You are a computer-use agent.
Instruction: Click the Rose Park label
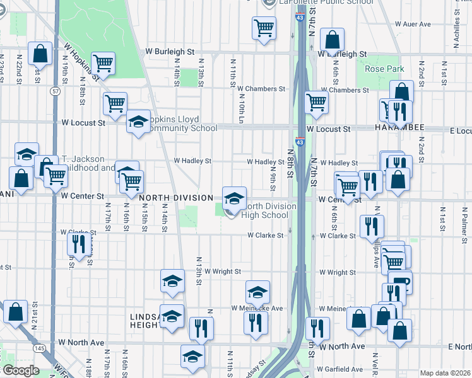coord(379,69)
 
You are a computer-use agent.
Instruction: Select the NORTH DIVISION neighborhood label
coord(176,198)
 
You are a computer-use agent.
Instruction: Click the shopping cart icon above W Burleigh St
coord(264,28)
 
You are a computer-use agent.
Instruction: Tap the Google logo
coord(20,370)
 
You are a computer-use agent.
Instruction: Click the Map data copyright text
coord(445,373)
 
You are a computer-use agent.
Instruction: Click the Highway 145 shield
coord(39,348)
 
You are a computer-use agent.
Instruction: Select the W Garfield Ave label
coord(341,369)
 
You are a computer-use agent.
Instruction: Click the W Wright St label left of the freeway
coord(221,272)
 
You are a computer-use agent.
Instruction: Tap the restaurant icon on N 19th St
coord(78,243)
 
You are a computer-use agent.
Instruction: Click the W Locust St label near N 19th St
coord(83,122)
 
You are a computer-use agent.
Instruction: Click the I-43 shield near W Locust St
coord(301,142)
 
